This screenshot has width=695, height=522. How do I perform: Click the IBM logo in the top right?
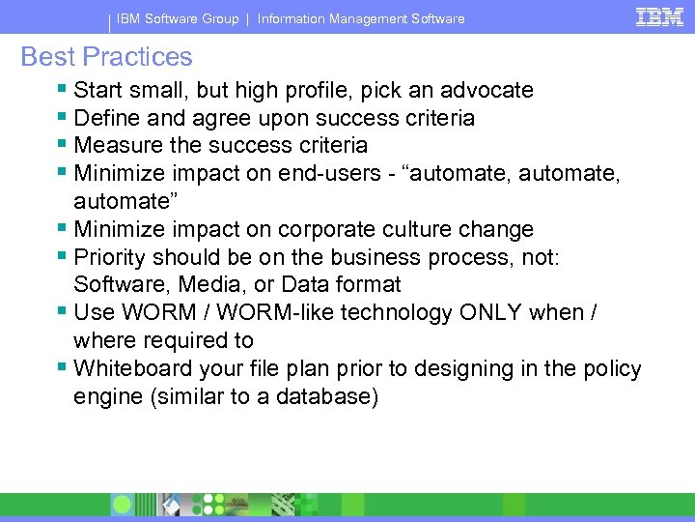click(x=659, y=16)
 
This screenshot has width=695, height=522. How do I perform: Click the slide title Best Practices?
click(x=106, y=57)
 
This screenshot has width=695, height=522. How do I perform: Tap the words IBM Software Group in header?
click(x=179, y=18)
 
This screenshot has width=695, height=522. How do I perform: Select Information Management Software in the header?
click(x=360, y=18)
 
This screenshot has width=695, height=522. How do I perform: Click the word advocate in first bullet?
click(x=486, y=91)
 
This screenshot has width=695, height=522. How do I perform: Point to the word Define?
click(x=105, y=118)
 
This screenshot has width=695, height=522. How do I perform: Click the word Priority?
click(x=109, y=257)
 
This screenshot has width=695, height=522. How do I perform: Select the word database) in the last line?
click(x=329, y=397)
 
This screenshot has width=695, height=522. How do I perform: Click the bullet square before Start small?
click(x=63, y=90)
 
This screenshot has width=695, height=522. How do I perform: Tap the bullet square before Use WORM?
click(x=63, y=312)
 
